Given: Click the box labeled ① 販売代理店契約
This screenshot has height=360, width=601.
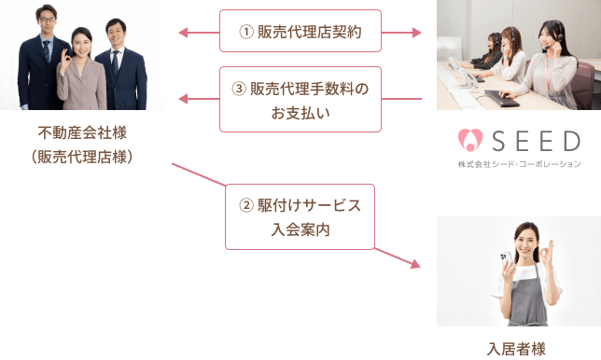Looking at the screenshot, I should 301,32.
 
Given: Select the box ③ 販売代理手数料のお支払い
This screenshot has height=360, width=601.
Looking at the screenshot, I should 301,99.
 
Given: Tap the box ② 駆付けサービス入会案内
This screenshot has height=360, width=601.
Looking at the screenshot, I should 300,215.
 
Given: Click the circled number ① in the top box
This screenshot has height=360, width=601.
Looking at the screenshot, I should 246,33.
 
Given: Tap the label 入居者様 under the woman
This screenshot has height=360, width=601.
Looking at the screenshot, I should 518,350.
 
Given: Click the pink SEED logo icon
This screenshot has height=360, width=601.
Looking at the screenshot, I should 468,141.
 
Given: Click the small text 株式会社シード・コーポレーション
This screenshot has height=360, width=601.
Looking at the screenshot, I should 519,163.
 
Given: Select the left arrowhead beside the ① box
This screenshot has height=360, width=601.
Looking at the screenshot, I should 184,33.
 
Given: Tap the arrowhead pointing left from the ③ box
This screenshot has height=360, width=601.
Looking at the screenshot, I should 184,100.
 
